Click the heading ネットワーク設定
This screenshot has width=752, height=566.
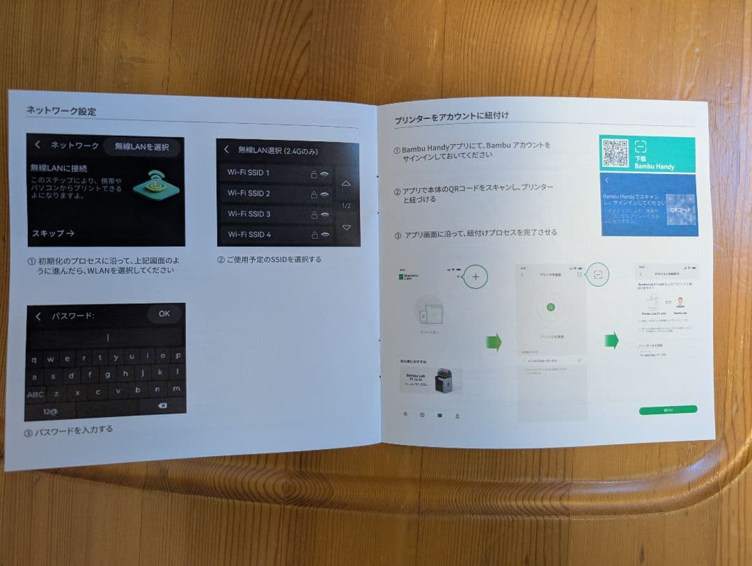pos(61,111)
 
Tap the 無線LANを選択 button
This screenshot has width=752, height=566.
pos(141,147)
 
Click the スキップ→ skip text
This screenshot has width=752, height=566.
pos(53,233)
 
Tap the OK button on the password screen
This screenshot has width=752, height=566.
pos(164,314)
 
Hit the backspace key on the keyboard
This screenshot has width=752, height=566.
pos(162,405)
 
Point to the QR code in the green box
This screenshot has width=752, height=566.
pos(615,153)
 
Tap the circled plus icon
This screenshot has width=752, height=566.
pos(476,276)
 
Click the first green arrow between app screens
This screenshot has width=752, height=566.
pos(494,342)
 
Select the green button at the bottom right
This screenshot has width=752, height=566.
pos(668,410)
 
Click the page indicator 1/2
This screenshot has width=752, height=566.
pos(346,206)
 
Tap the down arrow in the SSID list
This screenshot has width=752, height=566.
pos(346,228)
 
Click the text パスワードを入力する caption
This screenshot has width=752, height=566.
pos(73,430)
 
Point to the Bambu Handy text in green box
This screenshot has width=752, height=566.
pos(654,167)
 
